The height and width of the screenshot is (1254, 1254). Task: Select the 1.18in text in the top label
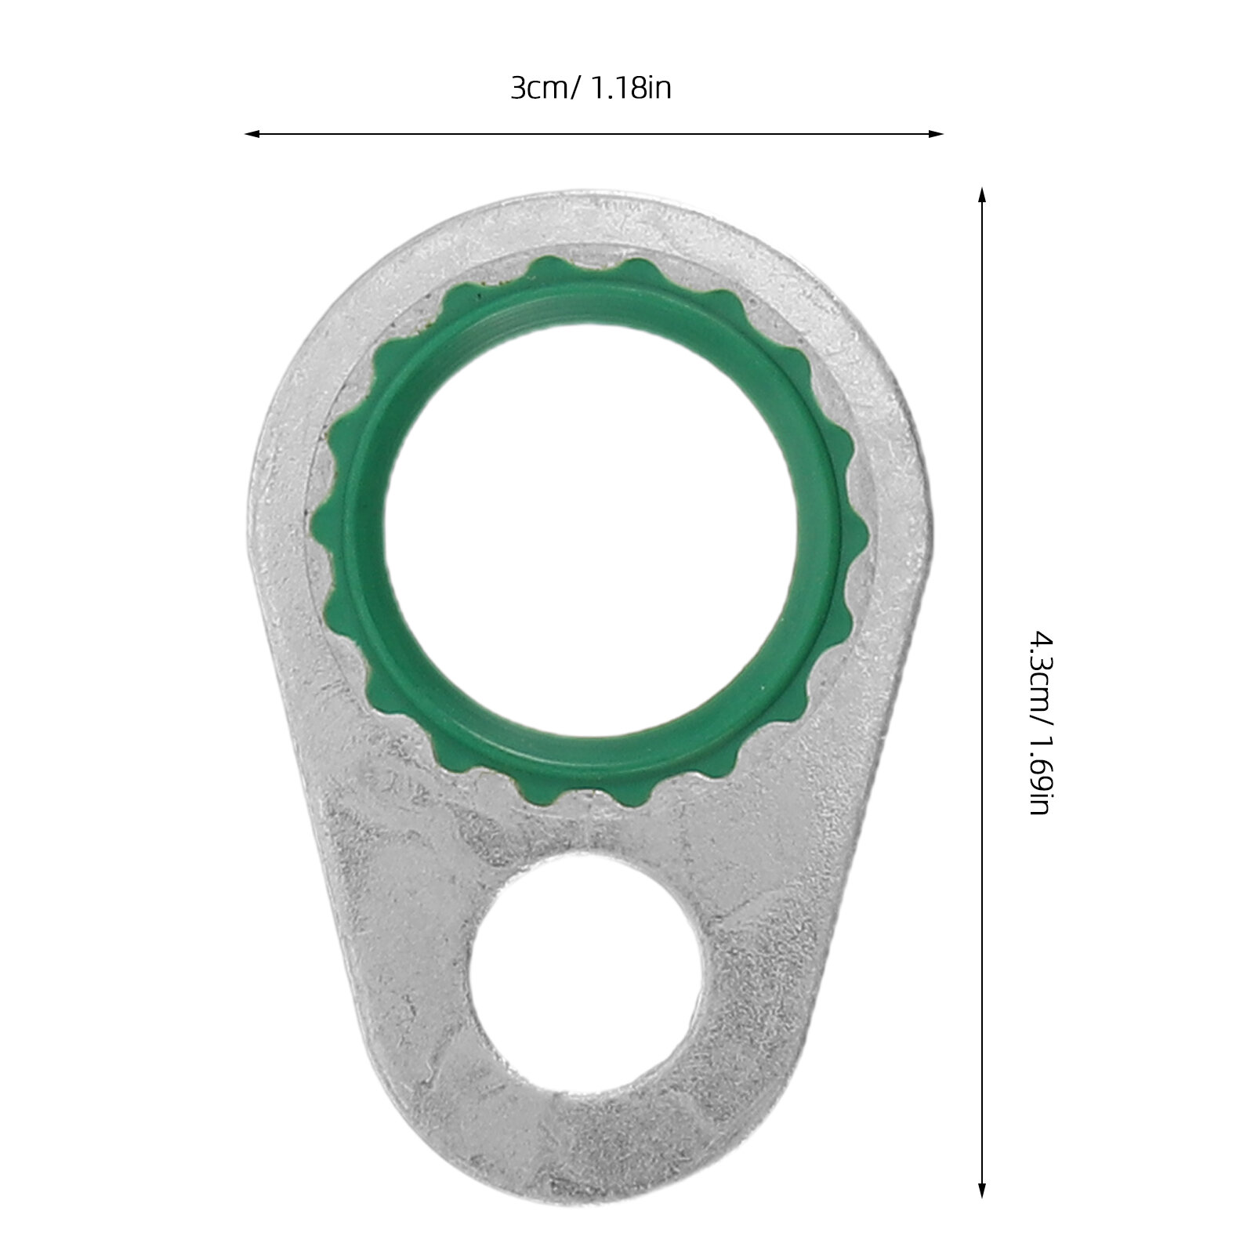[631, 89]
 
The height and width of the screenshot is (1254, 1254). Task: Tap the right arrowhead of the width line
[936, 134]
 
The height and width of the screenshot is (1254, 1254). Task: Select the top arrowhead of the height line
[980, 196]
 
